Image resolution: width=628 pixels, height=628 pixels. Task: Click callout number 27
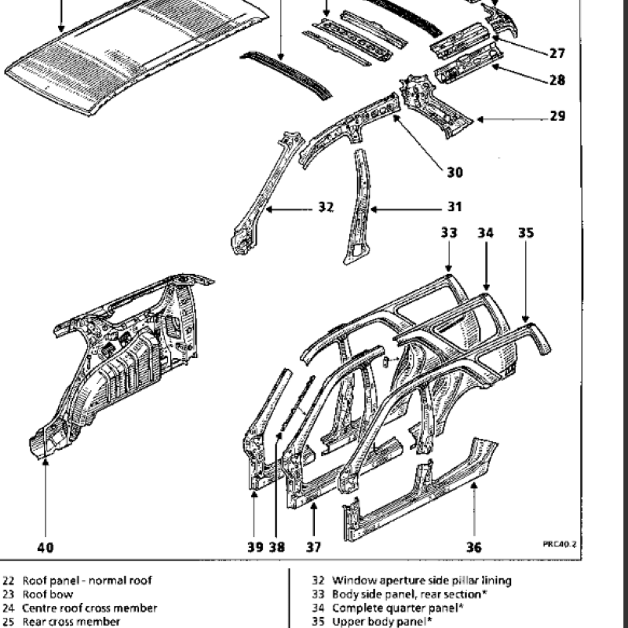click(x=557, y=53)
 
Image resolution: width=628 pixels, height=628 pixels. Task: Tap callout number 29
click(x=557, y=116)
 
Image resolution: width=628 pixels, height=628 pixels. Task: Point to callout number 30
click(x=455, y=172)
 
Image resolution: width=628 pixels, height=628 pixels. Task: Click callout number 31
click(x=455, y=207)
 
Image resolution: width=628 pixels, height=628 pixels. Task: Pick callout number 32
click(x=326, y=207)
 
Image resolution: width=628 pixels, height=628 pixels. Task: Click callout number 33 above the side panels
click(x=448, y=232)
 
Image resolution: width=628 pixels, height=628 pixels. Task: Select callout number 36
click(x=474, y=547)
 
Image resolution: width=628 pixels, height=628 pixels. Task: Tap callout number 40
click(x=46, y=547)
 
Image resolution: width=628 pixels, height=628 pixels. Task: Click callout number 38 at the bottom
click(x=276, y=547)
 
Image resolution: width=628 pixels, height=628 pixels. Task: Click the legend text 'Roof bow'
click(x=47, y=594)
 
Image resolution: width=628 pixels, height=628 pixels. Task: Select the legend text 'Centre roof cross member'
click(x=89, y=608)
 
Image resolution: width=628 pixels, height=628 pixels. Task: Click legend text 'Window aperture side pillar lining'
click(x=422, y=581)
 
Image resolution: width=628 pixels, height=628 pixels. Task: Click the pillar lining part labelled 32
click(x=263, y=196)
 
